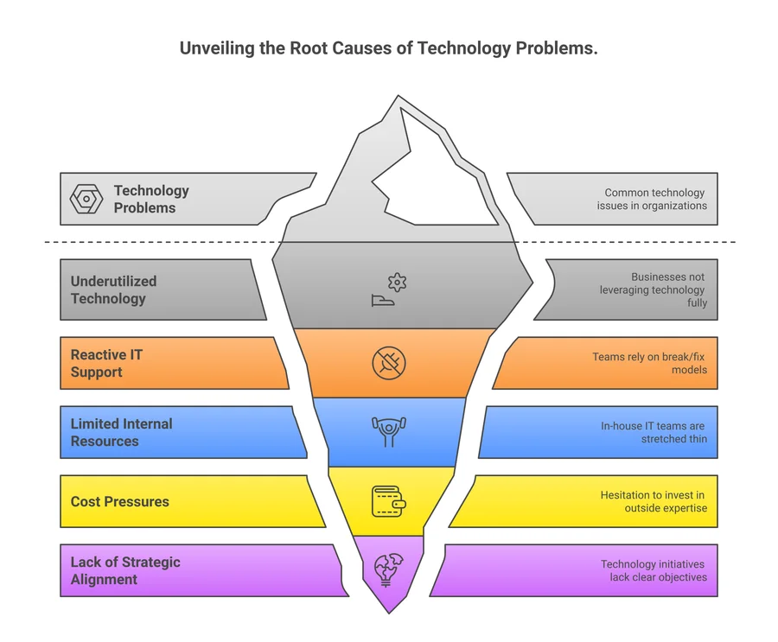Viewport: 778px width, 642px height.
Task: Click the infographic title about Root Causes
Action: click(388, 48)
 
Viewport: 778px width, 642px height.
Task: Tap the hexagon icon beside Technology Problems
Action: click(86, 199)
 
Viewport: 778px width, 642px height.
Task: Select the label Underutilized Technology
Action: click(114, 290)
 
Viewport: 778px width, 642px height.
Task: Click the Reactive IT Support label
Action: click(107, 364)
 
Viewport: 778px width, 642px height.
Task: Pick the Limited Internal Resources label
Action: click(121, 432)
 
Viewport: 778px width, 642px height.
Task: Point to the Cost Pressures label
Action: click(119, 501)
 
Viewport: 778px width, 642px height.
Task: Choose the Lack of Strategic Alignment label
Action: click(125, 570)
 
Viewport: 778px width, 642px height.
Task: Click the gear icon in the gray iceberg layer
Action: click(397, 282)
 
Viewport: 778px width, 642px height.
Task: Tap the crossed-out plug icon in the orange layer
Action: click(389, 363)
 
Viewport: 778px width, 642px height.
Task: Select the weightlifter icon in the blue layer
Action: click(389, 431)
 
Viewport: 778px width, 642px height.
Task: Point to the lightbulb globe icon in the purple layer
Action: click(386, 569)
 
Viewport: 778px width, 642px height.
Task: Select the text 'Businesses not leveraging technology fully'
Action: click(654, 290)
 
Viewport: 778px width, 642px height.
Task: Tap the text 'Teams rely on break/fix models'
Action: click(649, 363)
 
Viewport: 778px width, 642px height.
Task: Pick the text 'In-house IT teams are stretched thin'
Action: click(654, 432)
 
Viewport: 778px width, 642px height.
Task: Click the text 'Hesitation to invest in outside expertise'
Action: click(654, 501)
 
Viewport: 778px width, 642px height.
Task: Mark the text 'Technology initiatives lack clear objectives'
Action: click(654, 570)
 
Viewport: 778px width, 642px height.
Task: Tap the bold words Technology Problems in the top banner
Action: click(151, 199)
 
